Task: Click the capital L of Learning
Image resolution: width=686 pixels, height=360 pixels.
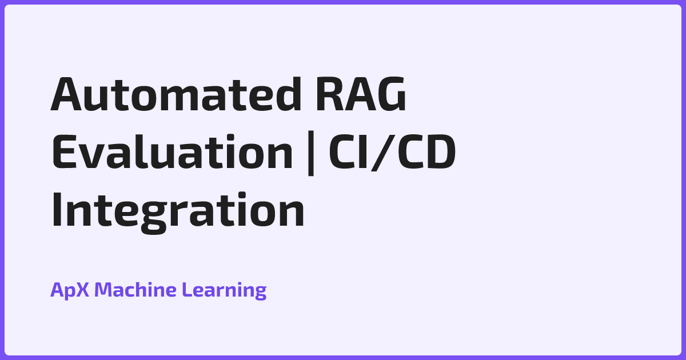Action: click(x=186, y=290)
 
